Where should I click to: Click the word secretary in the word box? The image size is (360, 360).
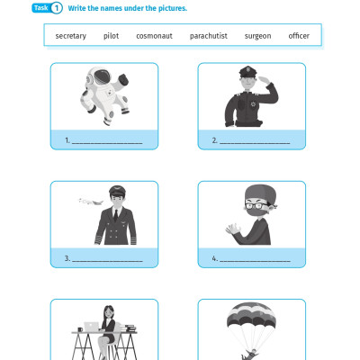coord(71,36)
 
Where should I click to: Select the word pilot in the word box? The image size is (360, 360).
coord(111,36)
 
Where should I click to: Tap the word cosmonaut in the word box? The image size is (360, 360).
coord(154,36)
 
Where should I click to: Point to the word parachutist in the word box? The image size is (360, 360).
coord(209,36)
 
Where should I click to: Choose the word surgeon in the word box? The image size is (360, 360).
coord(257,36)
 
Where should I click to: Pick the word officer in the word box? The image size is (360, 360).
coord(299,36)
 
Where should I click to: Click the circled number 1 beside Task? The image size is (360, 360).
coord(56,8)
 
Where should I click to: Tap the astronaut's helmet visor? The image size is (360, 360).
coord(102,76)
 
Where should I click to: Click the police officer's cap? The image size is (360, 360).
coord(247,71)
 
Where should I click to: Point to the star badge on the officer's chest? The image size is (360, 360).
coord(253,104)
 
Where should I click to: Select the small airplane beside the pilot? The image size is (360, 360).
coord(91,202)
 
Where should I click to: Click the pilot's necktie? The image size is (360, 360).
coord(115,215)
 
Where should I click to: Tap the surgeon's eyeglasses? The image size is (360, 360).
coord(257,206)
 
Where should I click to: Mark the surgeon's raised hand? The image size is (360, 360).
coord(233,229)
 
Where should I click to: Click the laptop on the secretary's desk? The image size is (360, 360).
coord(92,327)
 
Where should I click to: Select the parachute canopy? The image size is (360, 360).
coord(251,314)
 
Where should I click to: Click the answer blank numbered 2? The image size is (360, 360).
coord(255,143)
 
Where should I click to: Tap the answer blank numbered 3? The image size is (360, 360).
coord(107,261)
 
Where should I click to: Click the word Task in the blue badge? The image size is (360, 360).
coord(41,8)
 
